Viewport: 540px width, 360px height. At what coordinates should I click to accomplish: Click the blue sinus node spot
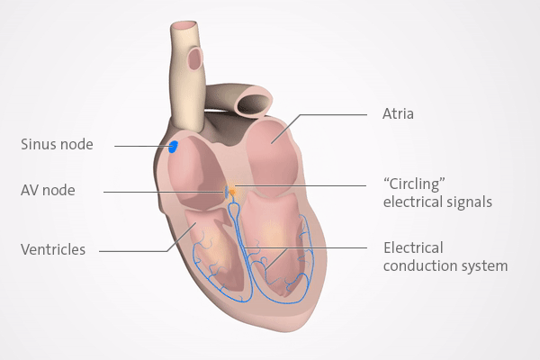[x=173, y=147]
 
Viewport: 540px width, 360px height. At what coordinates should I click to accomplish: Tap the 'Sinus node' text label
[x=57, y=144]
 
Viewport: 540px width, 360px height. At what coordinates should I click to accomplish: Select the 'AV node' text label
[x=48, y=190]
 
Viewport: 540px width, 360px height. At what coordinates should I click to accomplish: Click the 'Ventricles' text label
[x=53, y=249]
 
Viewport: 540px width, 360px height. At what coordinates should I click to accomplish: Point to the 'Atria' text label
[x=398, y=113]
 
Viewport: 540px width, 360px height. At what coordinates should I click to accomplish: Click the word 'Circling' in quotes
[x=414, y=184]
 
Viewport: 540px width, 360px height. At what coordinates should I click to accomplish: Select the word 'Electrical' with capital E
[x=414, y=248]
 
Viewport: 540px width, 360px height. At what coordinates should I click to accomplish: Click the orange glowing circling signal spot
[x=232, y=191]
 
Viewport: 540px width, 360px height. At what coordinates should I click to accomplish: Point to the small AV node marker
[x=227, y=192]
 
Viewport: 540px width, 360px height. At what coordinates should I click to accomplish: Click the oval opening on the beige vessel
[x=195, y=58]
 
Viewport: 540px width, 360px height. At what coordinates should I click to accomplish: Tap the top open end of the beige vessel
[x=184, y=26]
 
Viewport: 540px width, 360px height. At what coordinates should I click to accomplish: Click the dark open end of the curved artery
[x=254, y=103]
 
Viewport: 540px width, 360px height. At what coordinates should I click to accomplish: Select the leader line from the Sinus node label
[x=142, y=146]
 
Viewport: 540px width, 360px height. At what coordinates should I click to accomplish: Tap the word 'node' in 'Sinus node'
[x=77, y=144]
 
